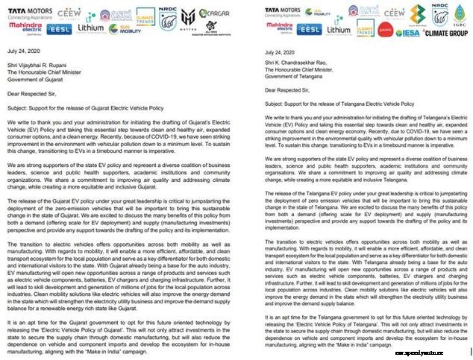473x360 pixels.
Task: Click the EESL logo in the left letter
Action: (59, 29)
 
